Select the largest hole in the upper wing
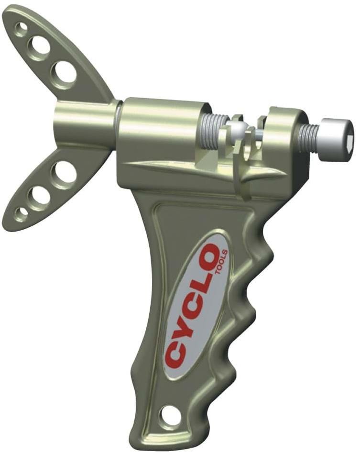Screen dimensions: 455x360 coord(64,71)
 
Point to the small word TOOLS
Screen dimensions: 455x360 coord(224,261)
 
